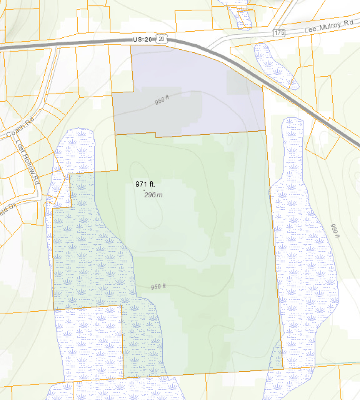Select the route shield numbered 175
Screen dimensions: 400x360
click(279, 33)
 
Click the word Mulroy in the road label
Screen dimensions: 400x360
click(330, 27)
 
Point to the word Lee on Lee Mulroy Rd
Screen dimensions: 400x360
click(310, 30)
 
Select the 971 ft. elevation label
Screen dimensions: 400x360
click(145, 184)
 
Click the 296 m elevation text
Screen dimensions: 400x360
click(153, 195)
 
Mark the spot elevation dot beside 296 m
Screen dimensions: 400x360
click(144, 190)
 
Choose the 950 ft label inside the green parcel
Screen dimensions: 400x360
click(159, 286)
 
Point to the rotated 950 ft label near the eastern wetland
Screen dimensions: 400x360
click(335, 230)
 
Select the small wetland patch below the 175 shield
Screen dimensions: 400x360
click(274, 64)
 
